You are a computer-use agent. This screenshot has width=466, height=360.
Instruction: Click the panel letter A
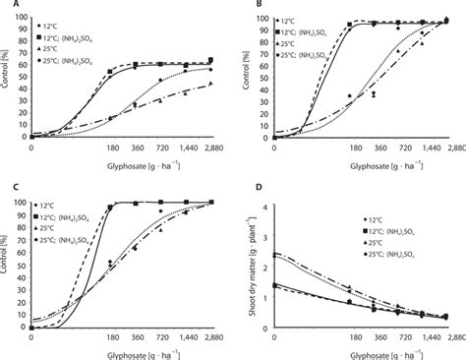pyautogui.click(x=7, y=6)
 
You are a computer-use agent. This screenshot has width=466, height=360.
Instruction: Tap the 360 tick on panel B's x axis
pyautogui.click(x=366, y=146)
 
